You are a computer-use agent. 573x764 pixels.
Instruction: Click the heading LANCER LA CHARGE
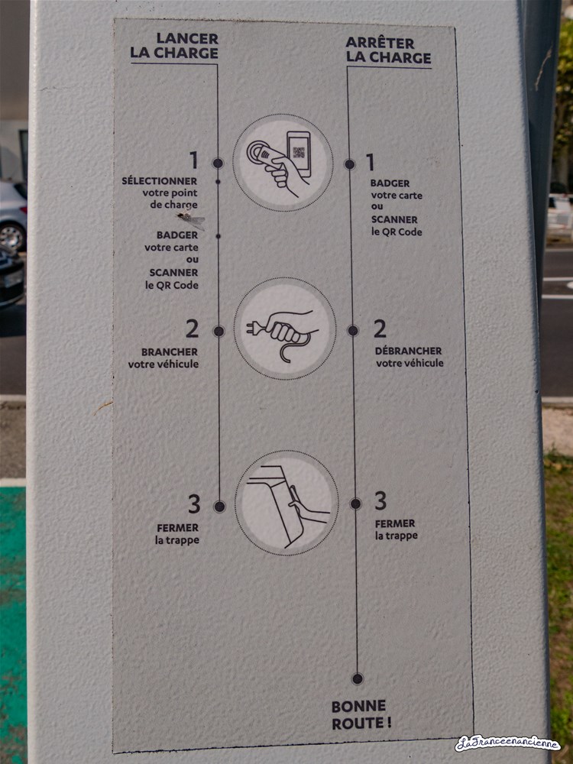coord(174,46)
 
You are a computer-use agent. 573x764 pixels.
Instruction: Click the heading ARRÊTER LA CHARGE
coord(388,50)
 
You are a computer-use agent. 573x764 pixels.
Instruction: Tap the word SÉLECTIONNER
coord(160,181)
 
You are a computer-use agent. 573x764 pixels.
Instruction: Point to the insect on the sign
coord(191,220)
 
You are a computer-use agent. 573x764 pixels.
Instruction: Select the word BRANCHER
coord(170,351)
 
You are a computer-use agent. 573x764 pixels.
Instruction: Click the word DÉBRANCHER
coord(408,351)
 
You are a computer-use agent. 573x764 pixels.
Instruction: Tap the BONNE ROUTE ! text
coord(361,715)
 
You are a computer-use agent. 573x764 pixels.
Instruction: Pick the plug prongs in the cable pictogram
coord(252,329)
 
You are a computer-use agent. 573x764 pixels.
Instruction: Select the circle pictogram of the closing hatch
coord(286,503)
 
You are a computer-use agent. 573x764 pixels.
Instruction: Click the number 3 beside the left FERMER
coord(194,503)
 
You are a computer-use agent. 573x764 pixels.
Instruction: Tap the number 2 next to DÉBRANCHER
coord(380,329)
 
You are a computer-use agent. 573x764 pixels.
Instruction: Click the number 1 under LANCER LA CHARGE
coord(194,160)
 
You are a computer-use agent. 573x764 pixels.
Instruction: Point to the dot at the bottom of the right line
coord(358,678)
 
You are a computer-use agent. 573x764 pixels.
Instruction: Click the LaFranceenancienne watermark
coord(508,743)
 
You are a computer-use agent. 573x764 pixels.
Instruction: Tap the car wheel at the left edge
coord(12,235)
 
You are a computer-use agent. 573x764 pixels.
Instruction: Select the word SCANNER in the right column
coord(394,220)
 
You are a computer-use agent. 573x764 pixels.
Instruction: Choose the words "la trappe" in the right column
coord(396,536)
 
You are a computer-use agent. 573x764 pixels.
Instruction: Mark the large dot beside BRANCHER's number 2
coord(219,332)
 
